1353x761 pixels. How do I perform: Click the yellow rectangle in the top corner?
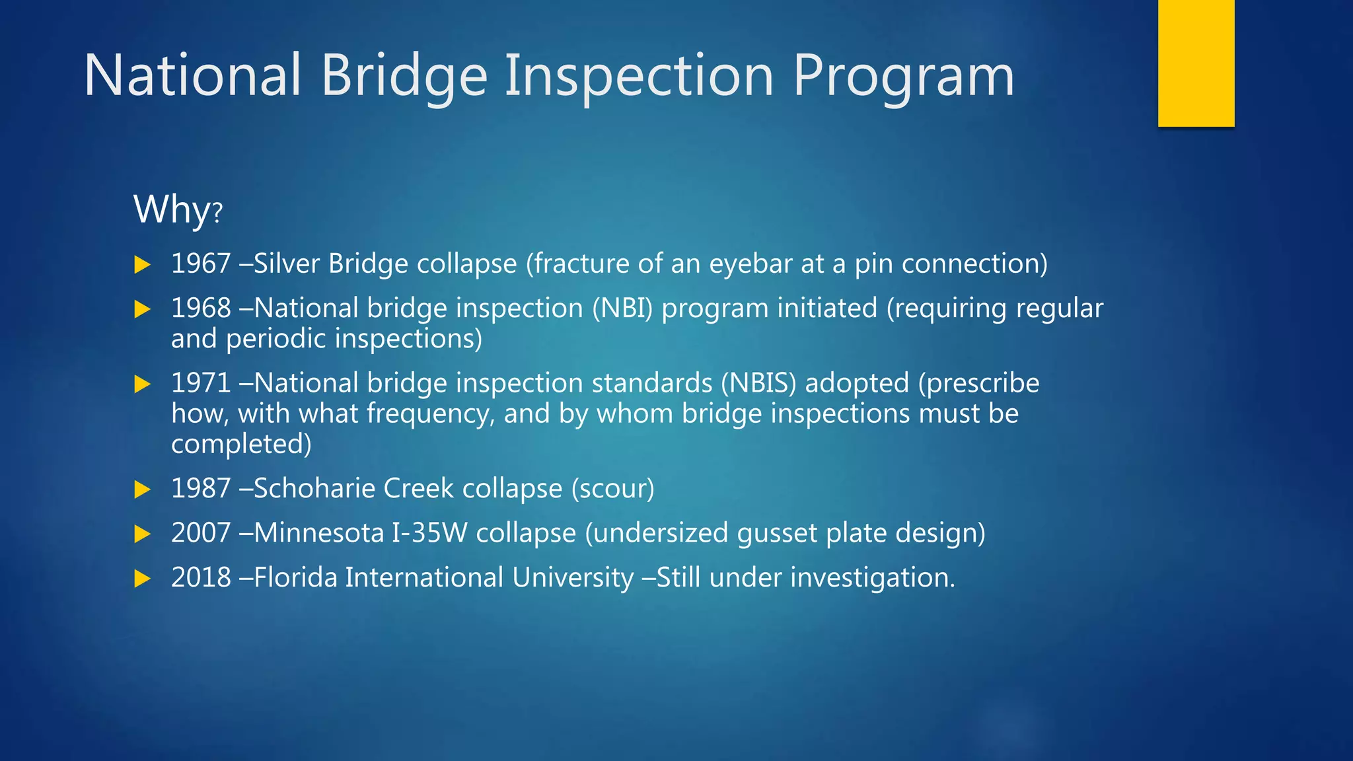coord(1196,63)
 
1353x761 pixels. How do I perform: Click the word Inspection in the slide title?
coord(639,77)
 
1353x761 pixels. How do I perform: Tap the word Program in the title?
coord(903,77)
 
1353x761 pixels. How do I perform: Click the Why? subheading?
coord(178,210)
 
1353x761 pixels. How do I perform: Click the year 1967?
coord(201,264)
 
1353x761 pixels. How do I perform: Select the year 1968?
coord(201,308)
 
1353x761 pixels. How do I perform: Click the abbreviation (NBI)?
coord(622,308)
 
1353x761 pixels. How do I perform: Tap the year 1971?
coord(201,383)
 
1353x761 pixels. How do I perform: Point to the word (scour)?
coord(612,489)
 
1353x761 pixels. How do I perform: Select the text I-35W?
coord(429,533)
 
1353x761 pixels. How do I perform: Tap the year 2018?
coord(201,577)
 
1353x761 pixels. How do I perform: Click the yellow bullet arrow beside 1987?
coord(142,489)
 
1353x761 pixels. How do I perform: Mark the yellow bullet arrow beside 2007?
coord(142,534)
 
